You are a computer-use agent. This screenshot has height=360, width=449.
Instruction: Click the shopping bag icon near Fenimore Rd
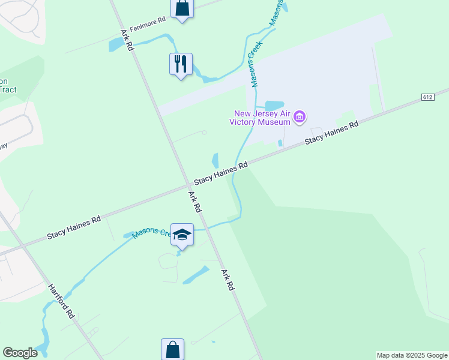tap(182, 9)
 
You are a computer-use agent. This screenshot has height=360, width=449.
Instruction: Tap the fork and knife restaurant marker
tap(181, 63)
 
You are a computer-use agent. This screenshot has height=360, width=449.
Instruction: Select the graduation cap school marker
tap(182, 235)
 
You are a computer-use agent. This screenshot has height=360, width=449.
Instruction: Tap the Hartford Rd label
tap(61, 301)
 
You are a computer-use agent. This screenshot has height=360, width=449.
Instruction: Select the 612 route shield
tap(427, 97)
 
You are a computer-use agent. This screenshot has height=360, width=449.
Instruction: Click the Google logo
tap(20, 353)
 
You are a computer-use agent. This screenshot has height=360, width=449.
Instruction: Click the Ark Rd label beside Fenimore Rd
tap(126, 40)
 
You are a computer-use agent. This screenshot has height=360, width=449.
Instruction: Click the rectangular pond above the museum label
tap(274, 106)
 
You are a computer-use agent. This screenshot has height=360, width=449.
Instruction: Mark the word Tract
tap(8, 90)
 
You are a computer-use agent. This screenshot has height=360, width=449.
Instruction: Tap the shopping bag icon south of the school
tap(172, 349)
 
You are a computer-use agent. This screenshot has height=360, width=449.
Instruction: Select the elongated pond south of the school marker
tap(195, 274)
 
